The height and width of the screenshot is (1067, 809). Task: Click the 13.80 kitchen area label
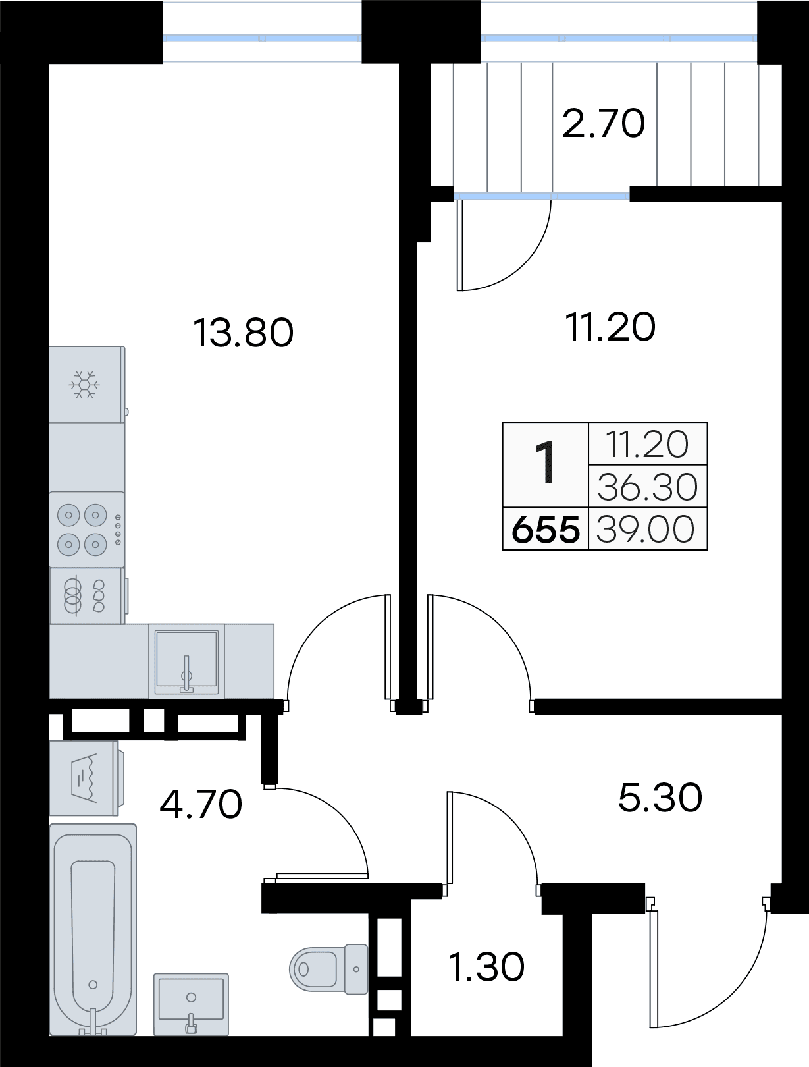(x=244, y=333)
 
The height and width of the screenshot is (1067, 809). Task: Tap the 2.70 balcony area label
(x=604, y=123)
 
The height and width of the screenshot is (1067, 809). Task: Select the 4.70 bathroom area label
(x=201, y=804)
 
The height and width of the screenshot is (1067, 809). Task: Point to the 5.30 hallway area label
(x=660, y=798)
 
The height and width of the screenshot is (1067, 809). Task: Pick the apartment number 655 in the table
(x=545, y=530)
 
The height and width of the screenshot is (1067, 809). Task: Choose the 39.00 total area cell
(x=645, y=530)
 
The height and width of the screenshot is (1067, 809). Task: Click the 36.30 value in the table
(x=647, y=487)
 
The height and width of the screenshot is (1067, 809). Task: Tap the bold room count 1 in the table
(x=545, y=462)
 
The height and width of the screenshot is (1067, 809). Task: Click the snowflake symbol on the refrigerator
(x=84, y=385)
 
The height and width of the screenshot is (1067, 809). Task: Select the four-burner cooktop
(x=87, y=530)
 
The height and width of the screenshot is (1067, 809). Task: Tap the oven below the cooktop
(x=87, y=595)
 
